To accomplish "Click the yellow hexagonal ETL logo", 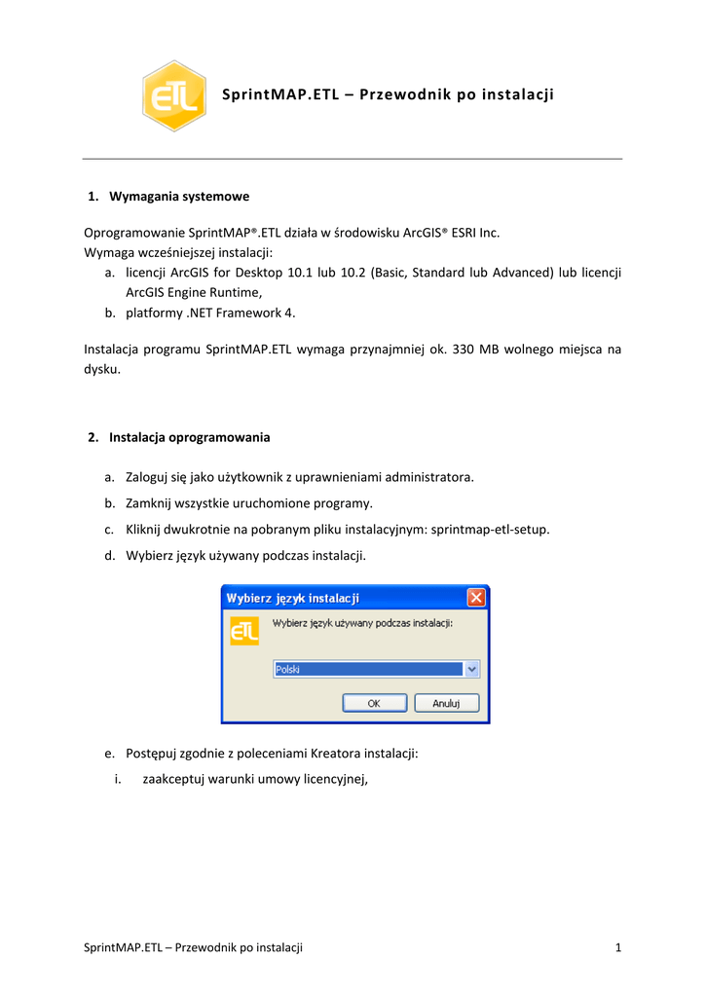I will [x=174, y=95].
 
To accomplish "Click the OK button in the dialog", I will [x=373, y=702].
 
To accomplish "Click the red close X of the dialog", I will [x=476, y=597].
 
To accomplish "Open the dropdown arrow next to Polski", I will [x=472, y=669].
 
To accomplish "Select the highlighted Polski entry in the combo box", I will [x=367, y=669].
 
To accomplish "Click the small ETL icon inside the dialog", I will [x=244, y=630].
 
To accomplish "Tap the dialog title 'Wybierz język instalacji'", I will [x=293, y=597].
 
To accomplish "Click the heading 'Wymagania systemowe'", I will [x=179, y=197].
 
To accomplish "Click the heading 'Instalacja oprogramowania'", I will [x=190, y=437].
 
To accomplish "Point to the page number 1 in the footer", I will [x=618, y=947].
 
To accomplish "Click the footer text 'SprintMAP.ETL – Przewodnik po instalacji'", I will [x=193, y=947].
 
